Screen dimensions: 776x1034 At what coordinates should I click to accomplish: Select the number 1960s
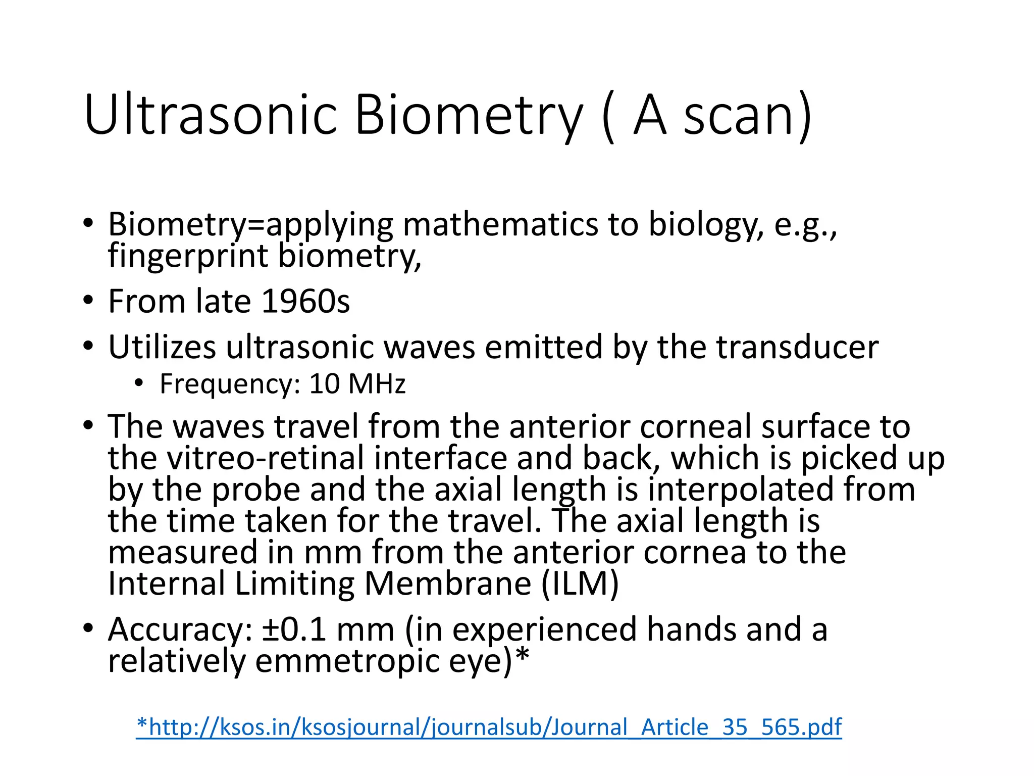coord(306,302)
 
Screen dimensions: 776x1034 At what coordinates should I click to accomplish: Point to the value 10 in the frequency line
coord(324,384)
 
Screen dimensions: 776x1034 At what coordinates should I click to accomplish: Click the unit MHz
coord(377,384)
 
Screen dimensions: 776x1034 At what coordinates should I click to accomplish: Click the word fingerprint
coord(188,257)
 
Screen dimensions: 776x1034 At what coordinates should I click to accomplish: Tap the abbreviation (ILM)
coord(580,584)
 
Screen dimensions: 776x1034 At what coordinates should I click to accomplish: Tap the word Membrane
coord(448,584)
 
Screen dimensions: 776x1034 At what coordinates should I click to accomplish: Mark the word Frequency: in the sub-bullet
coord(230,384)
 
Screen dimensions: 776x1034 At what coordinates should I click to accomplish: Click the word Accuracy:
coord(180,630)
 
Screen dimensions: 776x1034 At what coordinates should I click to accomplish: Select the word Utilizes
coord(162,347)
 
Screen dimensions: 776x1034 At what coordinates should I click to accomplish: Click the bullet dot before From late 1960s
coord(88,300)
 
